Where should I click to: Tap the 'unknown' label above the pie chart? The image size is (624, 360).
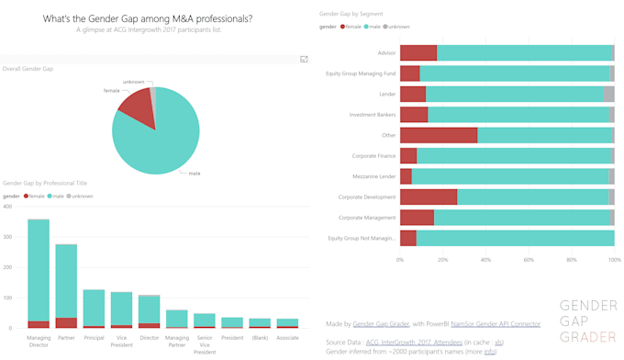pos(134,82)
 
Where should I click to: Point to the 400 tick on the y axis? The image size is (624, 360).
pos(7,207)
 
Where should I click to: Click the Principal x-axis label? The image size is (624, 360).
pos(94,338)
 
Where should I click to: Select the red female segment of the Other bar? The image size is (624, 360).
pos(438,135)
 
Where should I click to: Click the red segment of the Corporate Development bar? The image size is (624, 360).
pos(428,197)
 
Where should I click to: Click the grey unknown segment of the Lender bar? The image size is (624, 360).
pos(608,94)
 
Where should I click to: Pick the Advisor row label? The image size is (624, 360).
pos(385,53)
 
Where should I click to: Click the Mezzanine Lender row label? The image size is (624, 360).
pos(373,176)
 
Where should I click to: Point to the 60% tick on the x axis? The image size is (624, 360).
pos(529,260)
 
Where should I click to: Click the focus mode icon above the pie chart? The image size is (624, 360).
pos(305,59)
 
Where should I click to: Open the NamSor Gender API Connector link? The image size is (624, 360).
pos(496,324)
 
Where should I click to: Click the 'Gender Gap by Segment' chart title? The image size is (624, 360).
pos(351,15)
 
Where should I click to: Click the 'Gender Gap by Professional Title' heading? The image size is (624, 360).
pos(45,183)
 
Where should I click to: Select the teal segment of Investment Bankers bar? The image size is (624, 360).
pos(518,115)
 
